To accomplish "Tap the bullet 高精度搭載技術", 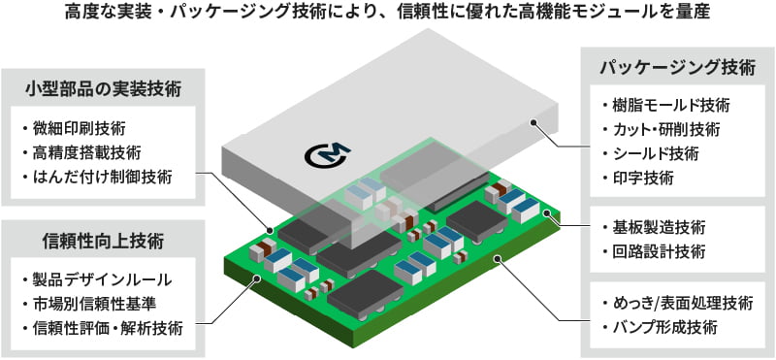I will coord(85,153).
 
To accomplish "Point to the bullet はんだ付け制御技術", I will coord(101,178).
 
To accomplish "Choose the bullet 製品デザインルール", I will coord(101,279).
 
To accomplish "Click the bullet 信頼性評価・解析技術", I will coord(107,328).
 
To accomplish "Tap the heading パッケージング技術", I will coord(675,68).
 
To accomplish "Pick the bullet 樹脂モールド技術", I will coord(665,106).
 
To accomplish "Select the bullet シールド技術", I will coord(653,154).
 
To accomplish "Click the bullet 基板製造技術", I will coord(653,228).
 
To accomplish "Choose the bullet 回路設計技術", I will coord(653,252).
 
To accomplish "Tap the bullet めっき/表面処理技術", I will coord(676,303).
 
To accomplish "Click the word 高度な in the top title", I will coord(89,14).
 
